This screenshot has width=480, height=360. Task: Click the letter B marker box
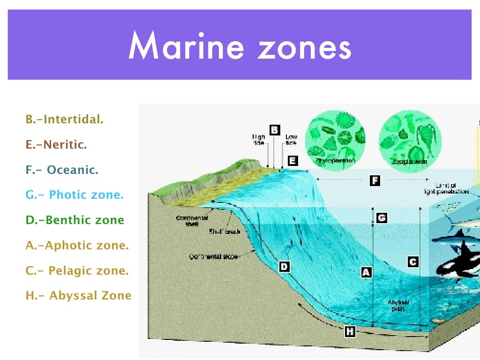pyautogui.click(x=275, y=130)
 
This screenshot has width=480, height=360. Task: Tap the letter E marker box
pyautogui.click(x=292, y=161)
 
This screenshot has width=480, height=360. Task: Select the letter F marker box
pyautogui.click(x=375, y=180)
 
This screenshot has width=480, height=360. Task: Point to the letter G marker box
pyautogui.click(x=382, y=218)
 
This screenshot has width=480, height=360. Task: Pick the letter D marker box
pyautogui.click(x=284, y=267)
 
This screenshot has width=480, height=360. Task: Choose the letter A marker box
pyautogui.click(x=366, y=271)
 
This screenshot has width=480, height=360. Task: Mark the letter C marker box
pyautogui.click(x=413, y=262)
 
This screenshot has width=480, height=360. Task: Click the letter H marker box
pyautogui.click(x=350, y=332)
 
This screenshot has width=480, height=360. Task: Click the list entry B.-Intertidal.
pyautogui.click(x=65, y=120)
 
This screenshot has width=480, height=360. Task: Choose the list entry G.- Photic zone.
pyautogui.click(x=75, y=195)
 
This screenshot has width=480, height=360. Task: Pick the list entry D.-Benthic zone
pyautogui.click(x=75, y=220)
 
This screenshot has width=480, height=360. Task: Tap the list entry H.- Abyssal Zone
pyautogui.click(x=78, y=296)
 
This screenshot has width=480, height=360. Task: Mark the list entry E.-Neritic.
pyautogui.click(x=56, y=145)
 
